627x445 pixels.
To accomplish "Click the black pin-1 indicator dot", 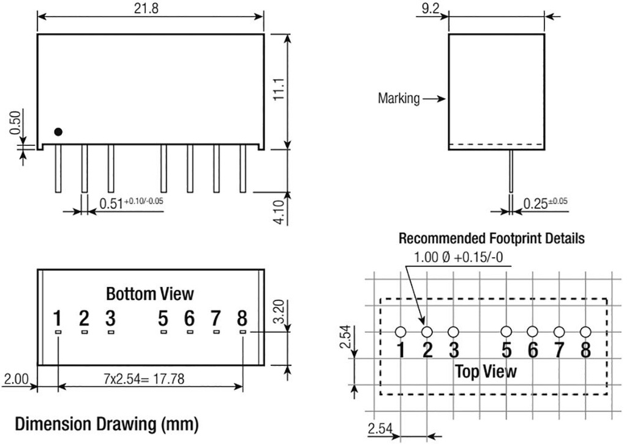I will click(58, 131).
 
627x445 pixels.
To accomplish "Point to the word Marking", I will click(399, 98).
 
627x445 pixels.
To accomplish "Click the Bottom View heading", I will click(149, 294).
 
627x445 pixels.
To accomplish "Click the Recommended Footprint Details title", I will click(491, 238).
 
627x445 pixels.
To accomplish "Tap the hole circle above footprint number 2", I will click(427, 332).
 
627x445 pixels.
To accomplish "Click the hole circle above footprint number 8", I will click(585, 332).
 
